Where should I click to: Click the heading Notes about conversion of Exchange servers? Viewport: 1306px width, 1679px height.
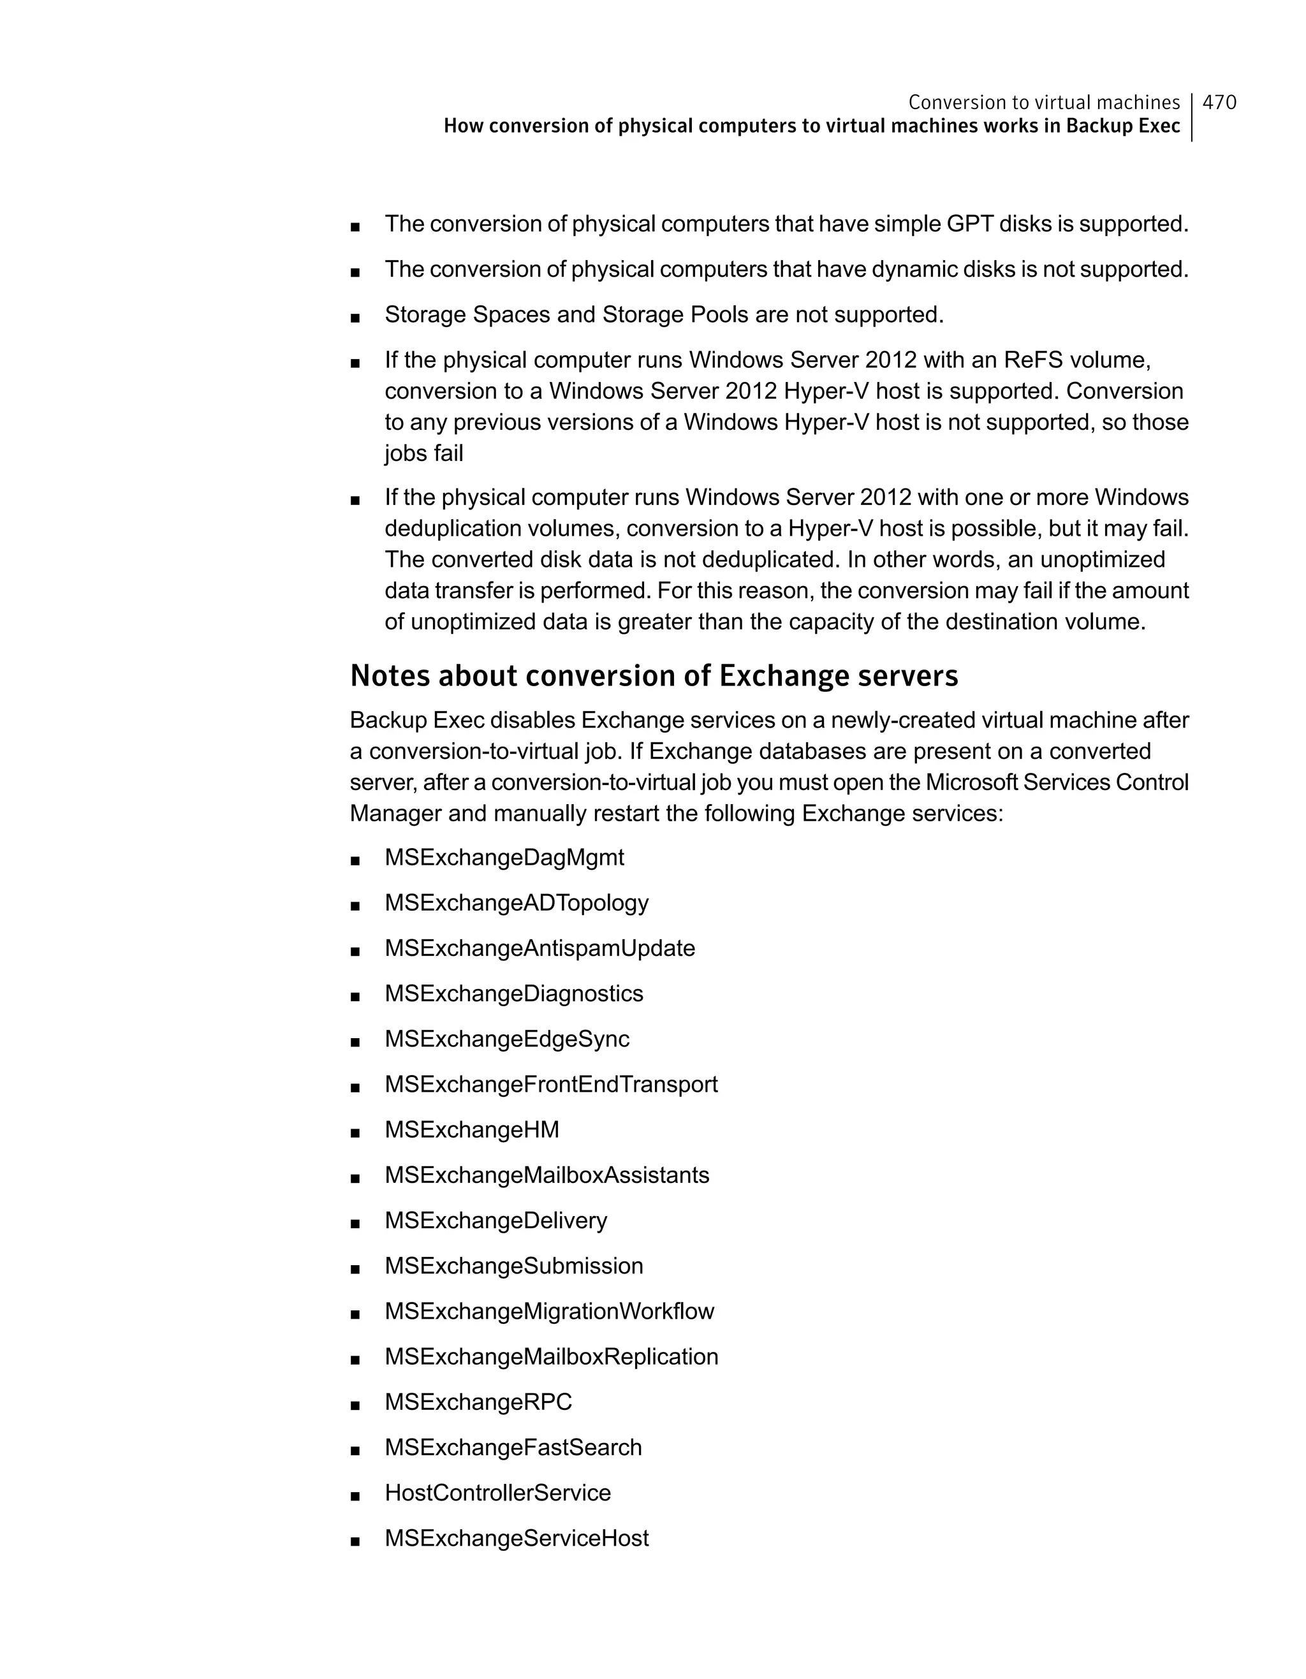[x=654, y=677]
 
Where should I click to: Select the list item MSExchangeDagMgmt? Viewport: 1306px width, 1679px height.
[x=504, y=857]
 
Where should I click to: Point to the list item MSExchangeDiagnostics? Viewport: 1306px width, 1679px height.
[x=513, y=993]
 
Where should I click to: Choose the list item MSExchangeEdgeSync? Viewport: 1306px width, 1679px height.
[x=506, y=1039]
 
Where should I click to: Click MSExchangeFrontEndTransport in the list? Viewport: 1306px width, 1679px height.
[x=551, y=1084]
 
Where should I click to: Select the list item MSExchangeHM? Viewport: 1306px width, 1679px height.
[x=472, y=1129]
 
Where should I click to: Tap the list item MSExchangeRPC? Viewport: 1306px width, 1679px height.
[x=478, y=1402]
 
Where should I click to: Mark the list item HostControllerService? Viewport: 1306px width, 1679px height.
[x=497, y=1492]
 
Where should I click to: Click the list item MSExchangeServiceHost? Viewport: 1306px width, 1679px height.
[x=517, y=1537]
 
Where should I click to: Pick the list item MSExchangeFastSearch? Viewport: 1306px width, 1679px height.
[x=513, y=1447]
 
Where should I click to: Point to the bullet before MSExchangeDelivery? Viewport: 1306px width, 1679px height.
[x=355, y=1223]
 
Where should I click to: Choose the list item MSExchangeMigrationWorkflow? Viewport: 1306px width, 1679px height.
[x=549, y=1311]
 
